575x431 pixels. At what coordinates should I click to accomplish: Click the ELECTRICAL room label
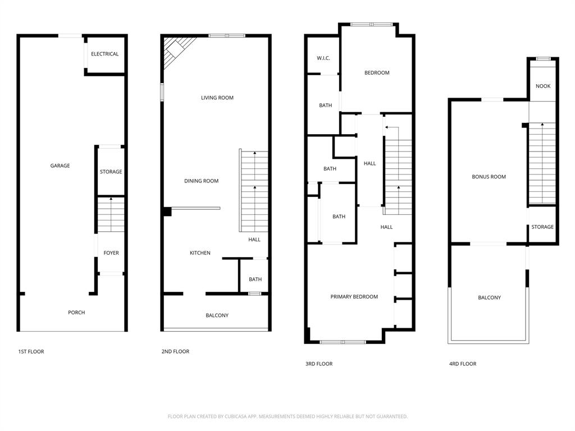tap(104, 54)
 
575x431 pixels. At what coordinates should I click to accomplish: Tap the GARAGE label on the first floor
tap(60, 166)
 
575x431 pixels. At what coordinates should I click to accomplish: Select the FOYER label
tap(111, 253)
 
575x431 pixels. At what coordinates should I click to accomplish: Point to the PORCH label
tap(76, 313)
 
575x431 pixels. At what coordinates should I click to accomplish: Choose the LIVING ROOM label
tap(217, 98)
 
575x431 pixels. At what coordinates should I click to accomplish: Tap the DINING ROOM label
tap(201, 181)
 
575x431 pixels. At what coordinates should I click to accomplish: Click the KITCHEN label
tap(200, 253)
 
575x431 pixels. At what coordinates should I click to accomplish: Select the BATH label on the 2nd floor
tap(255, 279)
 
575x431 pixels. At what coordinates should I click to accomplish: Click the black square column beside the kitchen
tap(167, 212)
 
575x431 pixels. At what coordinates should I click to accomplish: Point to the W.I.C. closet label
tap(323, 58)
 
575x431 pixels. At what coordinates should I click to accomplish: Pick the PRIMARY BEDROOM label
tap(354, 297)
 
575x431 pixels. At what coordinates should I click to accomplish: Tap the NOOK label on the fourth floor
tap(543, 86)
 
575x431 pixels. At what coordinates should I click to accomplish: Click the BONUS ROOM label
tap(489, 177)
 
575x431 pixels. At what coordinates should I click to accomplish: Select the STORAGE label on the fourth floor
tap(542, 227)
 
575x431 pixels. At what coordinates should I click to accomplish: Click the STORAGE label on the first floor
tap(111, 172)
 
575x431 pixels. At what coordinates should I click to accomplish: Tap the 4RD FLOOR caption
tap(463, 364)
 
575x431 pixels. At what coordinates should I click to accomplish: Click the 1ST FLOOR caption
tap(31, 351)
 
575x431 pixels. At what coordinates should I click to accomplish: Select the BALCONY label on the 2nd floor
tap(217, 315)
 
